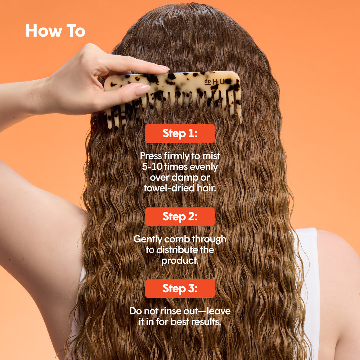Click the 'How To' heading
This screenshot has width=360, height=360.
(55, 31)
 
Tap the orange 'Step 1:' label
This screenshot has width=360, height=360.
(180, 133)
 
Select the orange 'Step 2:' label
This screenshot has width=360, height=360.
(180, 217)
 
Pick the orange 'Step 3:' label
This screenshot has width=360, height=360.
(180, 289)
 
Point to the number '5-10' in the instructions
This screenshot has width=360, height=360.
(152, 166)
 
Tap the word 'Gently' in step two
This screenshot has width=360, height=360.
(148, 239)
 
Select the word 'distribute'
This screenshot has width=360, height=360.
(177, 250)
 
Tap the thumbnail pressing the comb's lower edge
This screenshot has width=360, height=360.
(143, 90)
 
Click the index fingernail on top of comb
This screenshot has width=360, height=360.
(163, 68)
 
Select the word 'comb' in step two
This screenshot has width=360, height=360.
(177, 239)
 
